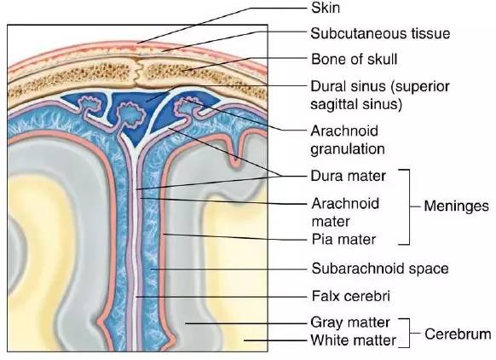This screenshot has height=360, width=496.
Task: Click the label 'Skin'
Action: click(x=326, y=8)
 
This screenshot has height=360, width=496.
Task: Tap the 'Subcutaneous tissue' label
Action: click(x=380, y=33)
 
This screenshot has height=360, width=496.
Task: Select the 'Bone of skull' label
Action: click(x=354, y=59)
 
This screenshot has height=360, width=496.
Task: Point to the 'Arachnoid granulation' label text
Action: click(x=348, y=140)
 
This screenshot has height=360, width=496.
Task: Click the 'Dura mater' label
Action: click(x=348, y=176)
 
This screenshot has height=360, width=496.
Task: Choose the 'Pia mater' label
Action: click(x=343, y=240)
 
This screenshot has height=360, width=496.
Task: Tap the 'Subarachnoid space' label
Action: click(x=380, y=269)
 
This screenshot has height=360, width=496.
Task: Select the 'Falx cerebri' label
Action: click(x=351, y=296)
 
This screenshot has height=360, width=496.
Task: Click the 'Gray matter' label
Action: click(x=350, y=322)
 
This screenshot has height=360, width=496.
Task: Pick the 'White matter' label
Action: click(x=354, y=340)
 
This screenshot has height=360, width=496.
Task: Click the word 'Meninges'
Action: click(x=456, y=206)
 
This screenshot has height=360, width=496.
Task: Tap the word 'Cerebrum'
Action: click(x=458, y=334)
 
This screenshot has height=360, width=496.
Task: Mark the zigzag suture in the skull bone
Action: click(x=138, y=71)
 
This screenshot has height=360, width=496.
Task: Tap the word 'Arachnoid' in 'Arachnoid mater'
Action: click(x=345, y=204)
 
